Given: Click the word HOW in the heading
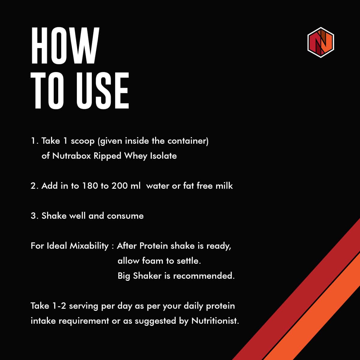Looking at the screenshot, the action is [65, 46].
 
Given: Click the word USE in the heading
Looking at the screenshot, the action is [102, 91].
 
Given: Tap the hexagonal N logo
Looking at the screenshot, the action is [321, 42].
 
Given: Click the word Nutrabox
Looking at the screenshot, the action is [72, 156].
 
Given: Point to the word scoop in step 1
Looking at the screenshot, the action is [83, 141].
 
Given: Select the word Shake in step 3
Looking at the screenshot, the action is [54, 216].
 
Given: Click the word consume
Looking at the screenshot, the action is [125, 216].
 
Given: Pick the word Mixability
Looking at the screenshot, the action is [89, 246].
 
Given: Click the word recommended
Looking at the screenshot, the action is [204, 276].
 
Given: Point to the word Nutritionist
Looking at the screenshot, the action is [215, 321].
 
